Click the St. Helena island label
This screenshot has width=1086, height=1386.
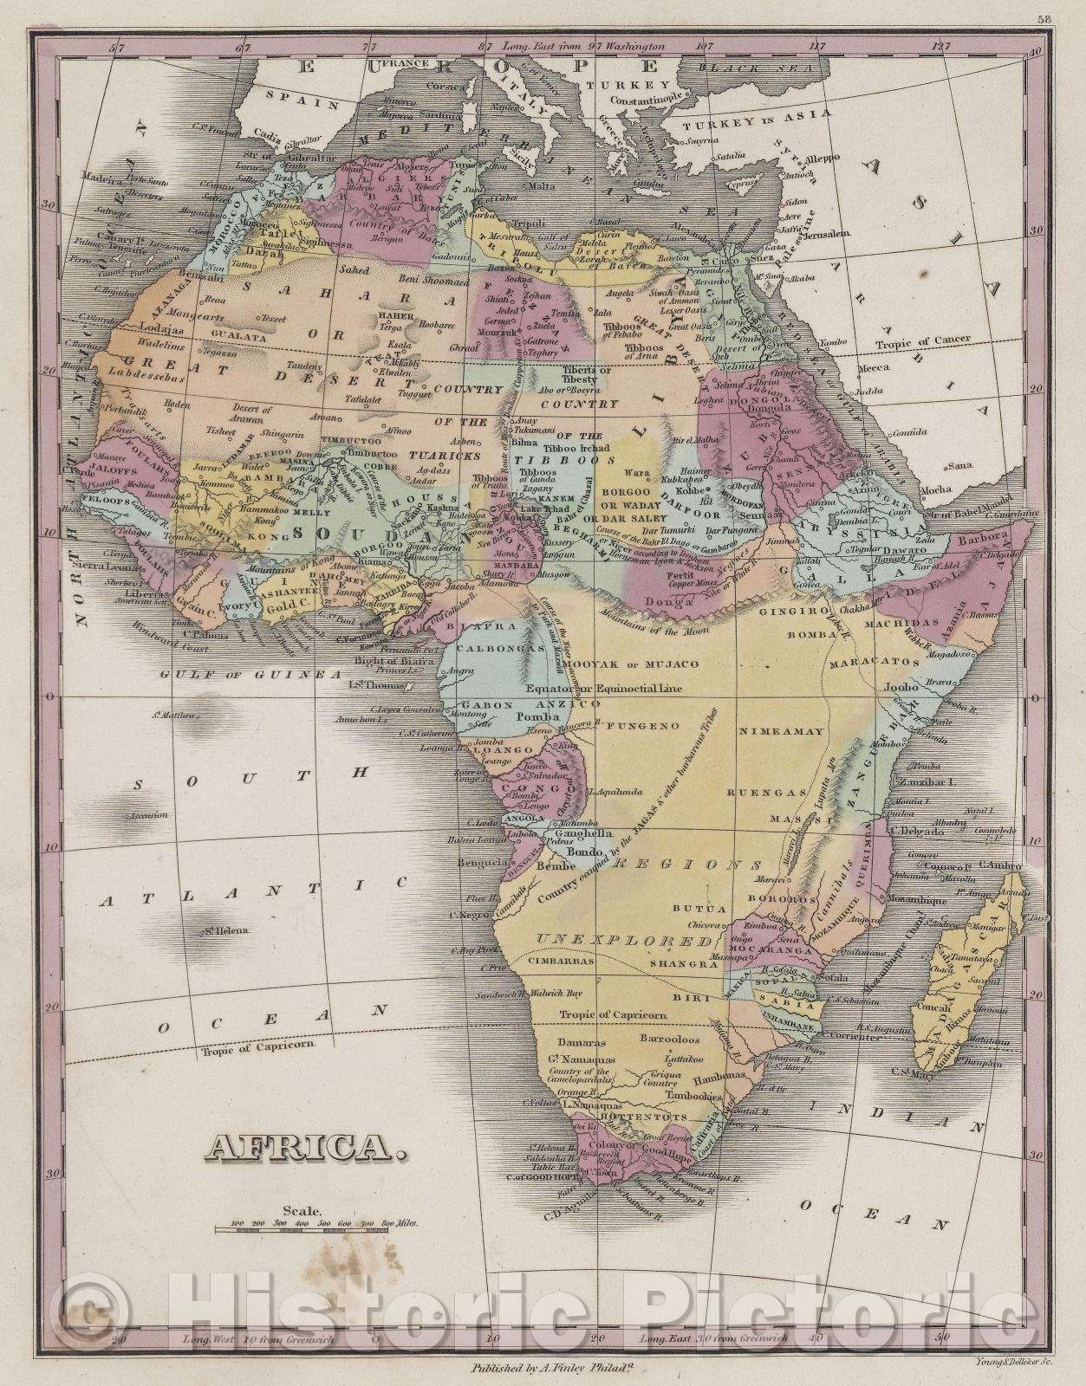(226, 931)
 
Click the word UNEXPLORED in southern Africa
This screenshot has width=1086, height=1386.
(628, 940)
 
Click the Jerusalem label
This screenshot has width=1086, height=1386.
(827, 233)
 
